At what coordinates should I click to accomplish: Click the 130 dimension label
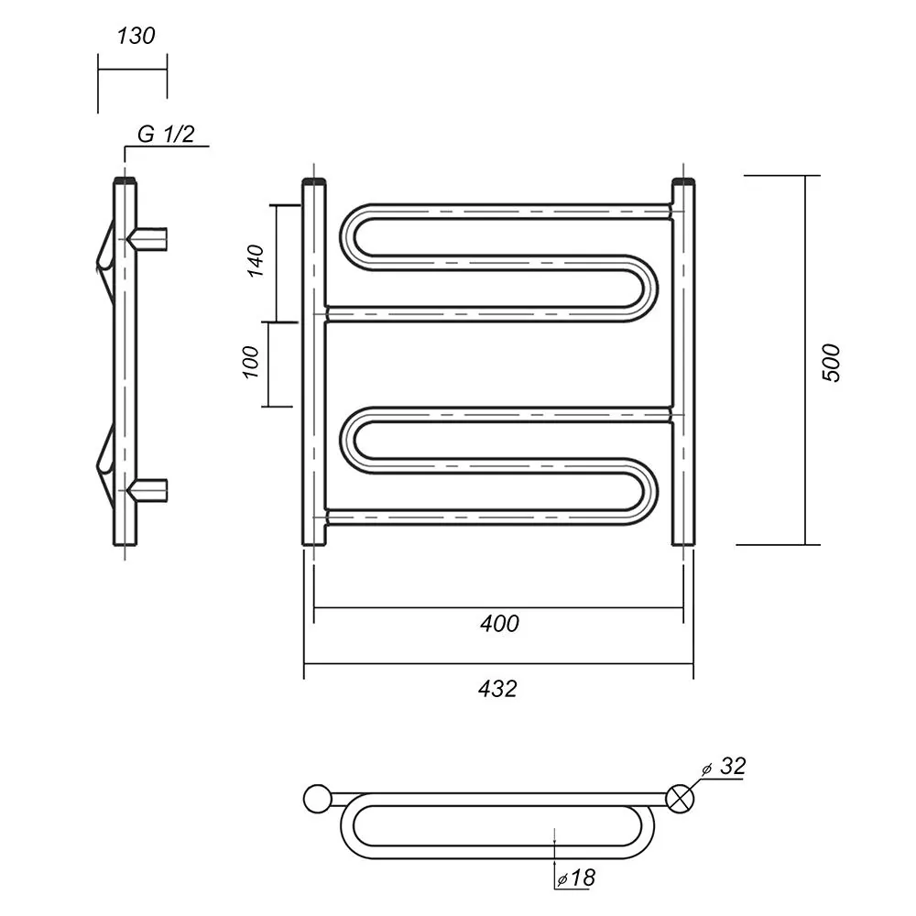(x=136, y=37)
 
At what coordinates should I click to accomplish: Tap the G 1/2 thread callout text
(x=166, y=135)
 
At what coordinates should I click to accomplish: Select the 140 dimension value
(x=256, y=261)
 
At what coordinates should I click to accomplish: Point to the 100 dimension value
(x=250, y=362)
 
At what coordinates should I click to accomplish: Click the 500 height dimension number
(x=831, y=363)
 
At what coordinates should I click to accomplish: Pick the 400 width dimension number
(x=499, y=624)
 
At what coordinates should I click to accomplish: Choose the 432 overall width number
(x=497, y=690)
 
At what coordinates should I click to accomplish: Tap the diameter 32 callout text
(x=725, y=767)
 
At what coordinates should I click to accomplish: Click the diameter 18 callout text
(x=576, y=878)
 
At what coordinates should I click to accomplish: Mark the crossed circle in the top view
(x=680, y=799)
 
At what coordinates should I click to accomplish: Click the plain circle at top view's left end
(x=318, y=799)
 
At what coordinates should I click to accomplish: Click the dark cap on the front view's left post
(x=314, y=180)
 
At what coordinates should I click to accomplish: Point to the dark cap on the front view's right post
(x=683, y=180)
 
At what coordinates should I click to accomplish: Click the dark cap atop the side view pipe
(x=125, y=180)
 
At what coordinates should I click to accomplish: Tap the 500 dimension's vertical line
(x=805, y=360)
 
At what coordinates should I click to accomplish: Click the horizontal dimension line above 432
(x=498, y=664)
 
